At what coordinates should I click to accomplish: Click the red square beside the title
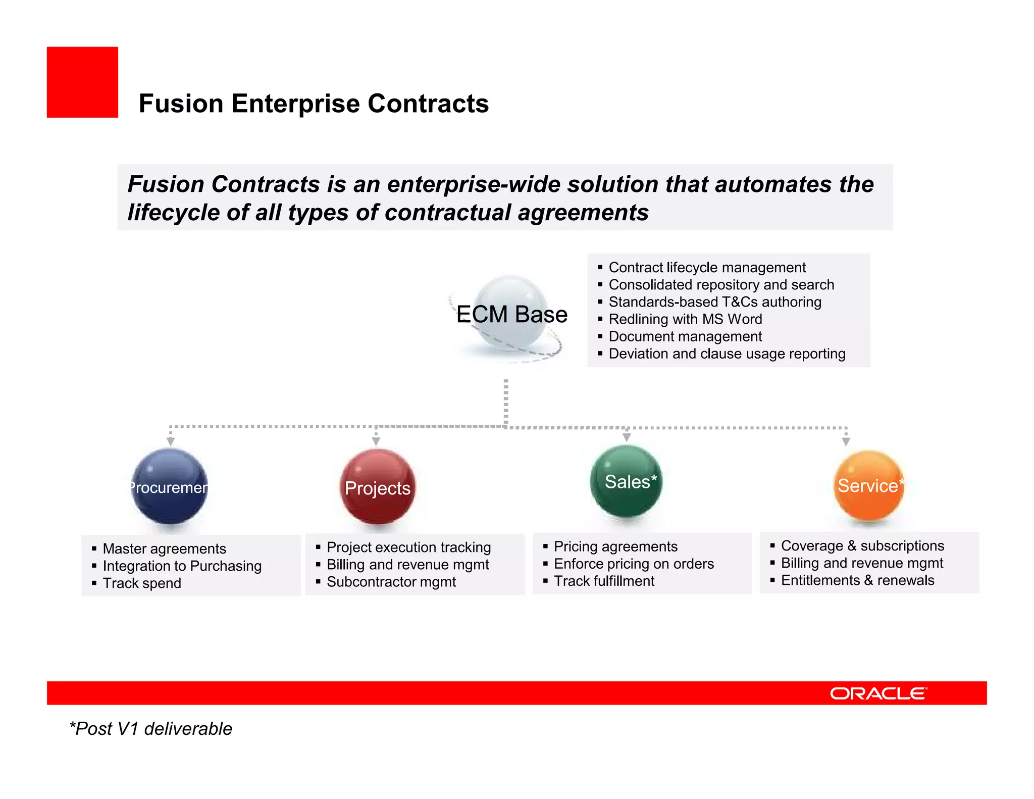click(x=82, y=82)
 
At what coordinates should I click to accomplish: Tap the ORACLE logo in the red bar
click(x=878, y=693)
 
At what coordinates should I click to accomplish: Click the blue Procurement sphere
click(x=170, y=486)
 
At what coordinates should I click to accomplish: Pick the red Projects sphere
click(x=378, y=487)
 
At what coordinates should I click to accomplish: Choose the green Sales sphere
click(x=626, y=481)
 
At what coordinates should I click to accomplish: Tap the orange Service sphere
click(x=868, y=485)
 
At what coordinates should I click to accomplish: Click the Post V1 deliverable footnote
click(x=151, y=729)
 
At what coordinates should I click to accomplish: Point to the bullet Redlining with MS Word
click(x=685, y=319)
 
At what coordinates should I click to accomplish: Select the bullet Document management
click(x=685, y=336)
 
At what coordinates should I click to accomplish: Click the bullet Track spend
click(x=142, y=583)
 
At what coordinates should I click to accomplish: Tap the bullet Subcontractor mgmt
click(x=391, y=582)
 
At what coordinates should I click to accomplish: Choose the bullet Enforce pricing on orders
click(x=634, y=564)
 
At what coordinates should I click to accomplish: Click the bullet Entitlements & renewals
click(x=857, y=580)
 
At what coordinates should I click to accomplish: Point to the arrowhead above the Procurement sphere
click(x=171, y=441)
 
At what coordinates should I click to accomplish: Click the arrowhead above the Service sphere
click(x=846, y=441)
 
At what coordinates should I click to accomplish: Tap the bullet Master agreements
click(x=164, y=548)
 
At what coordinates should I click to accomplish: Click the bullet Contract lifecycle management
click(x=707, y=267)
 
